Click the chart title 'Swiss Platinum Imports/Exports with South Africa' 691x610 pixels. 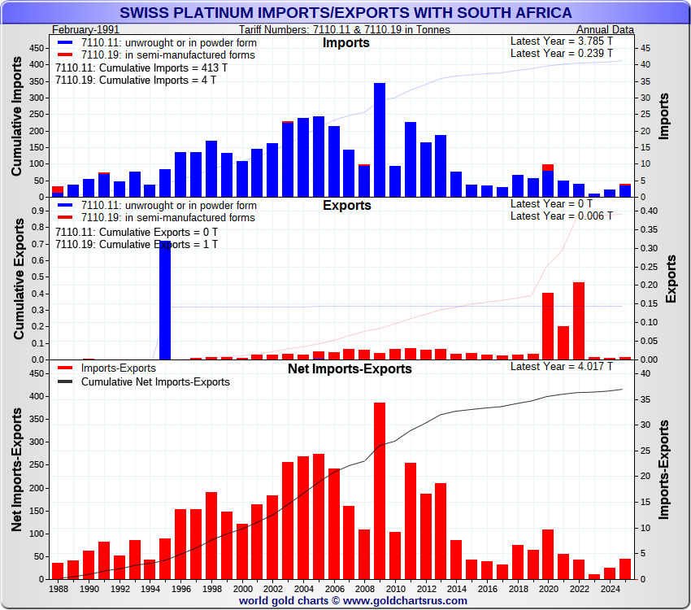point(345,13)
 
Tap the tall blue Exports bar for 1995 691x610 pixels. point(165,300)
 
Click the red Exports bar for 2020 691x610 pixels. point(548,325)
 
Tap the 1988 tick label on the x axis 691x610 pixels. point(59,587)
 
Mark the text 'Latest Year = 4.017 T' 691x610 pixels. point(561,367)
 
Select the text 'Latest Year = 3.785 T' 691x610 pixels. point(561,41)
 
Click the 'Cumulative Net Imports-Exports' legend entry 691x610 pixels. point(155,381)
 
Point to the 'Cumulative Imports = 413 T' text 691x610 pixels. point(141,68)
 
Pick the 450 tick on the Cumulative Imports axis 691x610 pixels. point(37,48)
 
